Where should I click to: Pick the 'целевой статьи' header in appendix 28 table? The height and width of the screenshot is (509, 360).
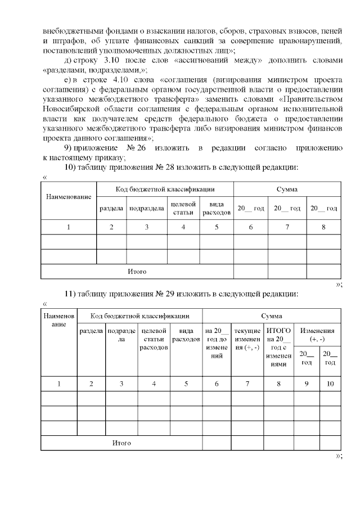coord(183,208)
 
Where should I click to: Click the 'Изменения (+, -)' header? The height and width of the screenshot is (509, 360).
coord(318,336)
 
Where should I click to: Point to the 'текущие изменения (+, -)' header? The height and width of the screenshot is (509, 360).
coord(247,339)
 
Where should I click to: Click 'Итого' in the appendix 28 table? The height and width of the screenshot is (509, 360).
coord(137,272)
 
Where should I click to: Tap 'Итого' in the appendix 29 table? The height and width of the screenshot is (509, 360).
coord(121,443)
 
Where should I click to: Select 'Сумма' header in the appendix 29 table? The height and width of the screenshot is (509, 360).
coord(271,317)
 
